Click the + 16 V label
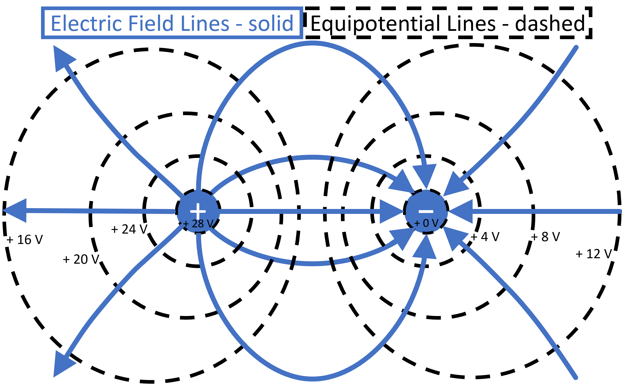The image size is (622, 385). tap(25, 240)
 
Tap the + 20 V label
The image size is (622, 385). tap(81, 259)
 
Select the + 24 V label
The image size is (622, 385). tap(129, 229)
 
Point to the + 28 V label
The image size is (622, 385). tap(199, 223)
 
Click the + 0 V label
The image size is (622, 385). tap(426, 223)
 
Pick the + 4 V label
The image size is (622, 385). tap(485, 237)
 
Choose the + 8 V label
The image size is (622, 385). tap(545, 237)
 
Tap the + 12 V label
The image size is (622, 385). tap(594, 254)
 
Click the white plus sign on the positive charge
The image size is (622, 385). tap(198, 211)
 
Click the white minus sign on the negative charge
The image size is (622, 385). tap(426, 212)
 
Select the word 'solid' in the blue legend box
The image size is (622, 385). tap(271, 24)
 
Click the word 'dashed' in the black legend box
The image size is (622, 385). tap(550, 24)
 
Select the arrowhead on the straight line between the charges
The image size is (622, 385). tap(391, 211)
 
